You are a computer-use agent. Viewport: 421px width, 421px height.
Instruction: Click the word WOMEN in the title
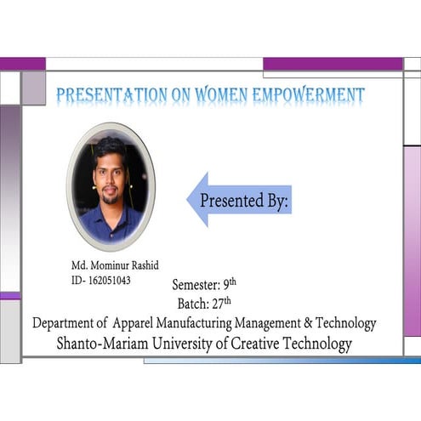pyautogui.click(x=225, y=95)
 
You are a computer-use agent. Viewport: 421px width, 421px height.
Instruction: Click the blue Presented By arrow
pyautogui.click(x=239, y=201)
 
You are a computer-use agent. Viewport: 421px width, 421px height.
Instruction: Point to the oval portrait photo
pyautogui.click(x=111, y=186)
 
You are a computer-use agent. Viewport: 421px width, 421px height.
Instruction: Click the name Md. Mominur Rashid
pyautogui.click(x=115, y=265)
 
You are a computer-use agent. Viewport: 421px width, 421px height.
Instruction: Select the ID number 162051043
pyautogui.click(x=109, y=280)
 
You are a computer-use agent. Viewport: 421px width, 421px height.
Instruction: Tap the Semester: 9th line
pyautogui.click(x=204, y=284)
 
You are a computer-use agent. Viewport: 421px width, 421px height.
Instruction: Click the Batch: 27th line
pyautogui.click(x=204, y=303)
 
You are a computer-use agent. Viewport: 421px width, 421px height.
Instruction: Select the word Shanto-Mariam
pyautogui.click(x=99, y=344)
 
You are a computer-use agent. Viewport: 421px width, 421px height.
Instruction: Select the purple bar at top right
pyautogui.click(x=333, y=64)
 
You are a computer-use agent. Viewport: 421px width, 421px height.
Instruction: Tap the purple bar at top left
pyautogui.click(x=22, y=64)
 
